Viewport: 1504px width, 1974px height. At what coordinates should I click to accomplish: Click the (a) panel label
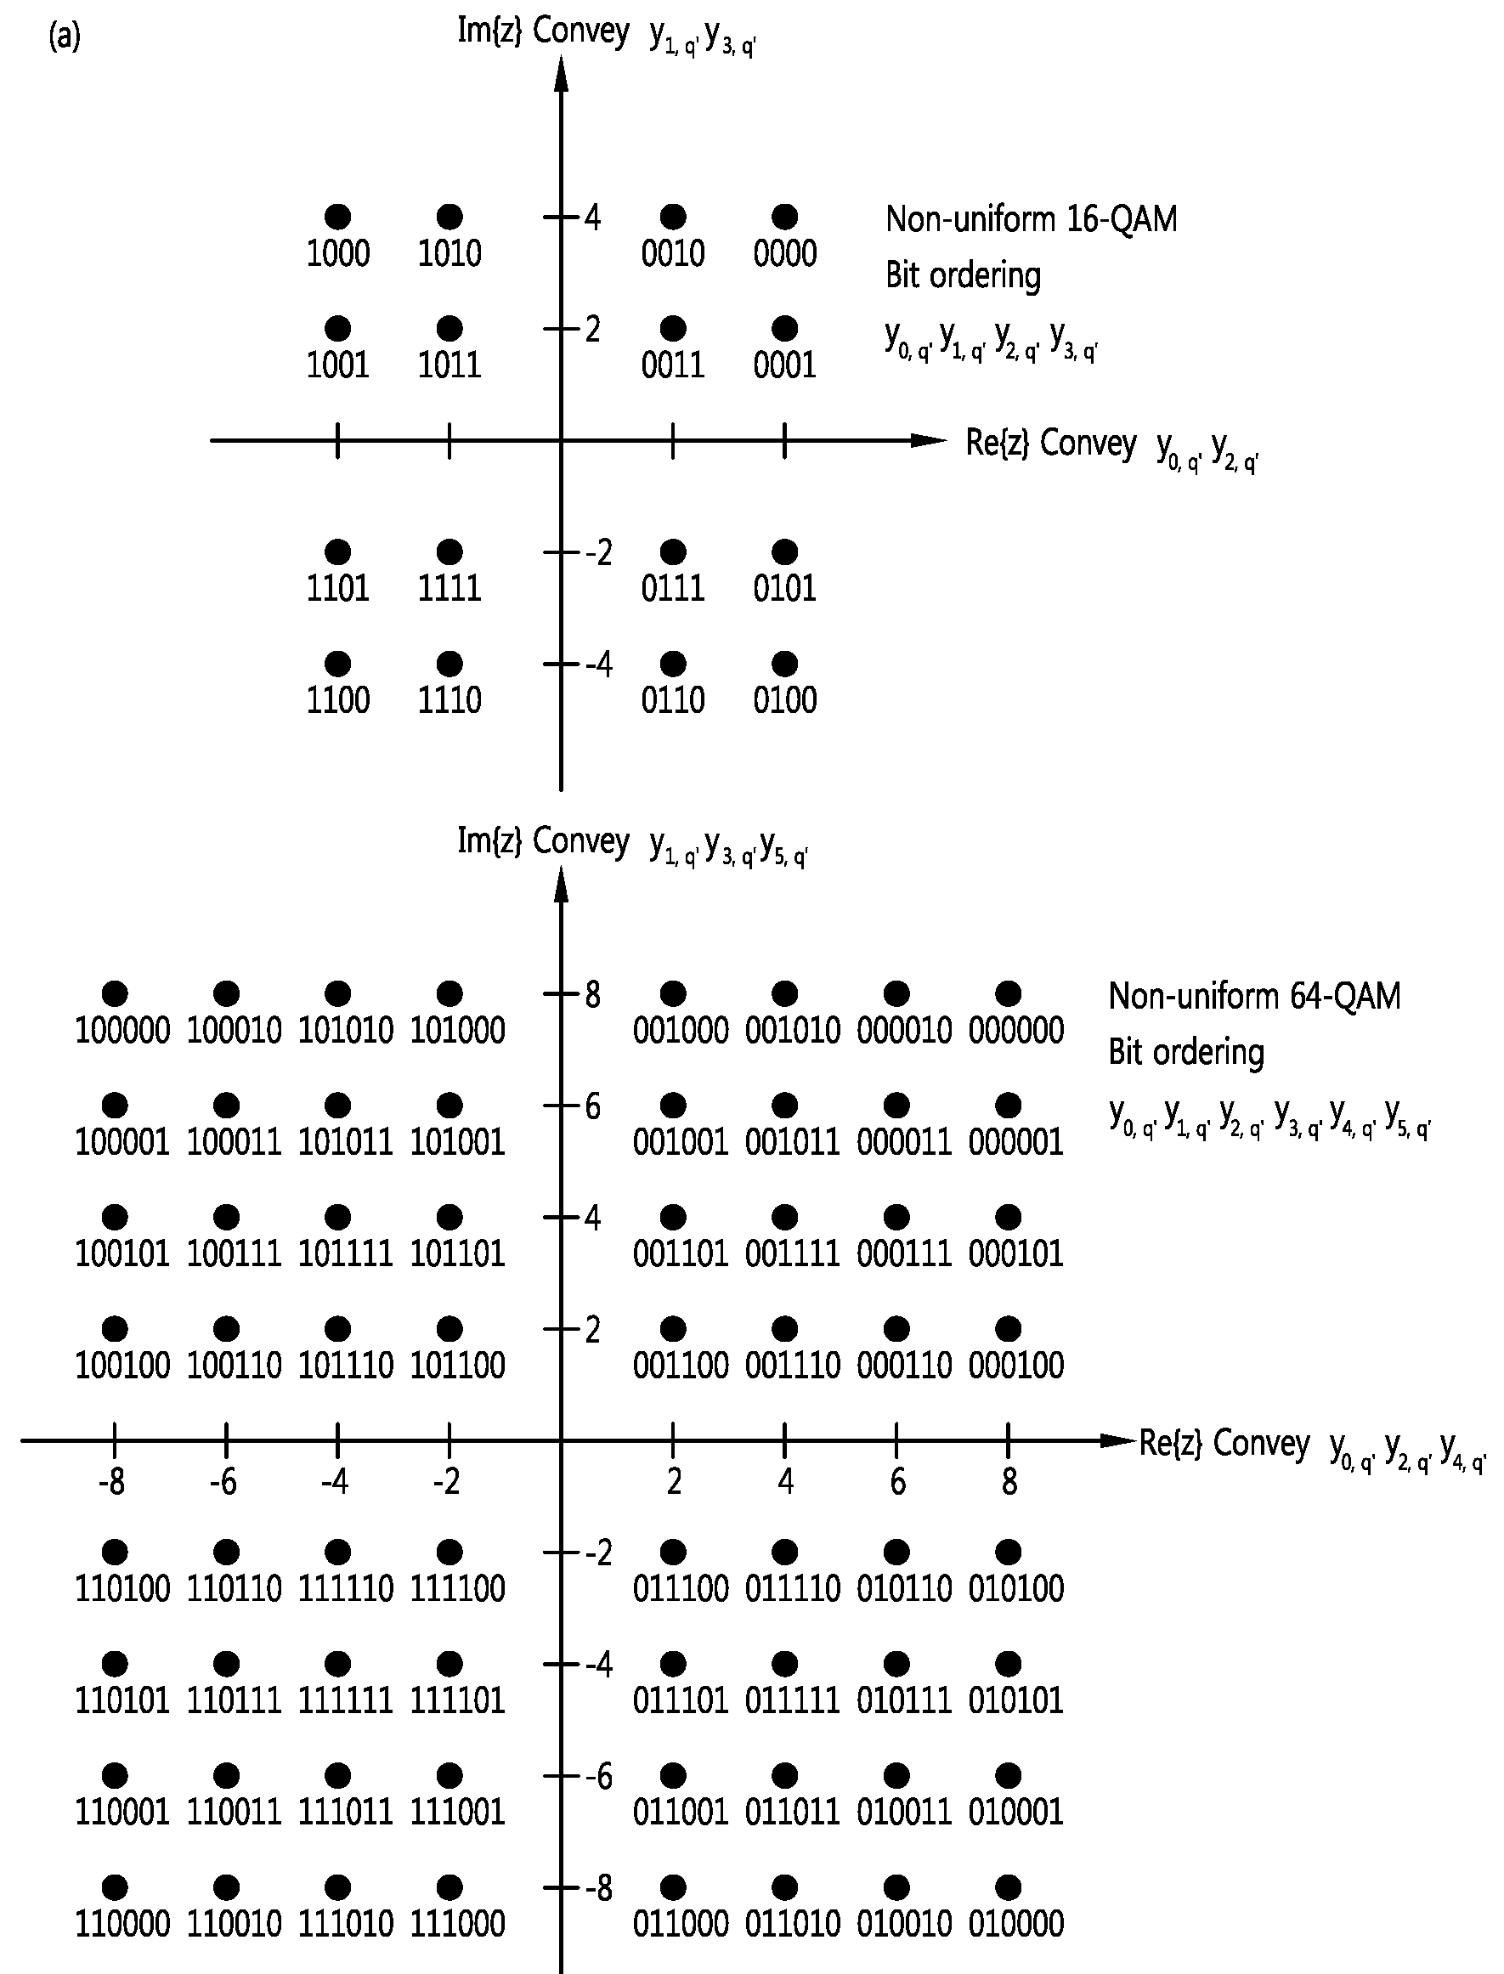pyautogui.click(x=65, y=37)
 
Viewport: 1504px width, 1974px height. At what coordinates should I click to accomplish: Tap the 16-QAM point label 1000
pyautogui.click(x=338, y=253)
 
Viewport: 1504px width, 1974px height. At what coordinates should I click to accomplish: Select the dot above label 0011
pyautogui.click(x=673, y=329)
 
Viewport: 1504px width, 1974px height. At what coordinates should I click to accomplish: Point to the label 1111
pyautogui.click(x=450, y=588)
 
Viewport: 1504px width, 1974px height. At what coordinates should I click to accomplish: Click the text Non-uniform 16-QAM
pyautogui.click(x=1032, y=218)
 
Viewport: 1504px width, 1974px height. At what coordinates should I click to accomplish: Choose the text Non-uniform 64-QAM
pyautogui.click(x=1255, y=996)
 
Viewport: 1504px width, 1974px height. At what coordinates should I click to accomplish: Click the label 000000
pyautogui.click(x=1016, y=1031)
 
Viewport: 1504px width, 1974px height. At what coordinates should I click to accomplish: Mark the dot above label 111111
pyautogui.click(x=338, y=1664)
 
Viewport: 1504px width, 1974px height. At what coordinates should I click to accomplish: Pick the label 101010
pyautogui.click(x=346, y=1031)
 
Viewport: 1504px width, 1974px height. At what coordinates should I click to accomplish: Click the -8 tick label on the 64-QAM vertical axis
pyautogui.click(x=599, y=1888)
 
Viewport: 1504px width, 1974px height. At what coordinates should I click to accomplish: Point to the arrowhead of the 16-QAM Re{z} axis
pyautogui.click(x=929, y=440)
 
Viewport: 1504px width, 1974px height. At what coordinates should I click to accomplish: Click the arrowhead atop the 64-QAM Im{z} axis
pyautogui.click(x=562, y=884)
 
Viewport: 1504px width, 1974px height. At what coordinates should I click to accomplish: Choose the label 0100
pyautogui.click(x=785, y=699)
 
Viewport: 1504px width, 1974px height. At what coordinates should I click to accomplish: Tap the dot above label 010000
pyautogui.click(x=1009, y=1887)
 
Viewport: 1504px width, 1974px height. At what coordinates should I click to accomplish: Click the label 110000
pyautogui.click(x=122, y=1924)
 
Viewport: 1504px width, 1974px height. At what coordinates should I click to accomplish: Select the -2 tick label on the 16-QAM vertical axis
pyautogui.click(x=599, y=553)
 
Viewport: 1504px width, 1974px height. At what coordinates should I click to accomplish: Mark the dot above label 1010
pyautogui.click(x=450, y=217)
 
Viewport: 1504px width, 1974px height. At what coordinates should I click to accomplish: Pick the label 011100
pyautogui.click(x=681, y=1589)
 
